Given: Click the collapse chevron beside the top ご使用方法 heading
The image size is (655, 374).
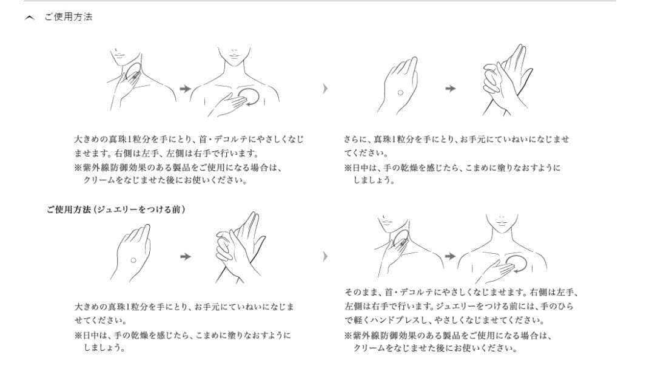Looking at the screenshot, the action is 29,18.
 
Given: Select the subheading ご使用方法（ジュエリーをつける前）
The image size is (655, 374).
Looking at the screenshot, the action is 115,209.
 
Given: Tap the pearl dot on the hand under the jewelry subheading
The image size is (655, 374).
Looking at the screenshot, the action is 133,260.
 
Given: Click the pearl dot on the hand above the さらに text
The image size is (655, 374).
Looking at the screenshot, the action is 400,92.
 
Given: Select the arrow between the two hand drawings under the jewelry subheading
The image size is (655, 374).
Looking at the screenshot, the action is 186,256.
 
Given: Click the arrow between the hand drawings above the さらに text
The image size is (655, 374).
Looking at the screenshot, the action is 450,89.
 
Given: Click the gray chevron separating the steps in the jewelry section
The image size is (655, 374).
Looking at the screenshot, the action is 326,256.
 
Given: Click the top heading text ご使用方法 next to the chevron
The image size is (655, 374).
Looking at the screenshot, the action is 69,17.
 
